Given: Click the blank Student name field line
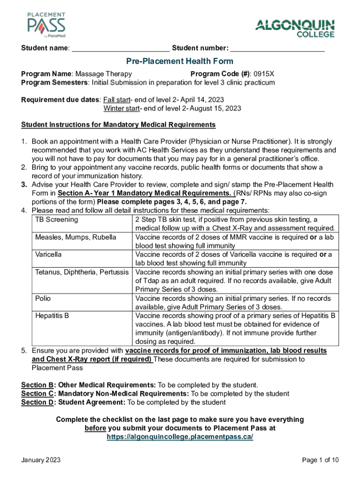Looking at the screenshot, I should (x=121, y=49).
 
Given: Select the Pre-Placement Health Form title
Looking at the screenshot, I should (x=180, y=61).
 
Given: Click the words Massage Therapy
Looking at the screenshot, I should (x=103, y=74).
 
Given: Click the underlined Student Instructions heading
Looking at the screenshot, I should (x=118, y=125).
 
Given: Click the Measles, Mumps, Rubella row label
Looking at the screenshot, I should (x=76, y=237).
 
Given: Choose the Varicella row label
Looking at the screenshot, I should (x=49, y=254).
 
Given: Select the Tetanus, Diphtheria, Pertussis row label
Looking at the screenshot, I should (x=82, y=272).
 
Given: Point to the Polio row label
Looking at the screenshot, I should (x=43, y=298).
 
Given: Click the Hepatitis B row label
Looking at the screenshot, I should (x=52, y=316).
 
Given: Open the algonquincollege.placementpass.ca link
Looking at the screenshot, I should (x=180, y=436).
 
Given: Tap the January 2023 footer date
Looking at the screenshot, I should (x=41, y=460).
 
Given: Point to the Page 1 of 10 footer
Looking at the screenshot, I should (x=321, y=460).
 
